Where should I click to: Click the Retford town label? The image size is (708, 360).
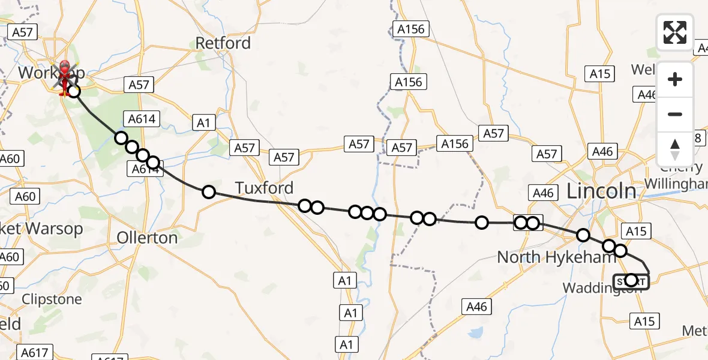pos(223,43)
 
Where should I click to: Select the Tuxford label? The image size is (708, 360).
pos(264,188)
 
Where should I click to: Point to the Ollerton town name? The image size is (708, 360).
pos(147,238)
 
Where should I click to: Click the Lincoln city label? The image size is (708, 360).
pos(602,191)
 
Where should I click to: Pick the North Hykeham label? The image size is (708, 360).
pos(557,257)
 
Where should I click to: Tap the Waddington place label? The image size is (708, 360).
pos(594,289)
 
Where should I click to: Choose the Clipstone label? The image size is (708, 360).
pos(52,299)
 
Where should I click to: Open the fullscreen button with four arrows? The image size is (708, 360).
pos(675,32)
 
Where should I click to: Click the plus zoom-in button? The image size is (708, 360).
pos(675,79)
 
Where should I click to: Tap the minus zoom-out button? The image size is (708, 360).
pos(675,114)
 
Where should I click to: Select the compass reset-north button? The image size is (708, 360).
pos(675,149)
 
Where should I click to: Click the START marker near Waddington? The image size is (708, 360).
pos(631,280)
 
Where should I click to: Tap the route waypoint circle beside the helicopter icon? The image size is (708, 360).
pos(74,91)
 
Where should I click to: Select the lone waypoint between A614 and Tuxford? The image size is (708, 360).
pos(208,192)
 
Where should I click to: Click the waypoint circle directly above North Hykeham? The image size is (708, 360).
pos(583,235)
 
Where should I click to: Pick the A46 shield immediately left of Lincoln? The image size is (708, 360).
pos(543,193)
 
